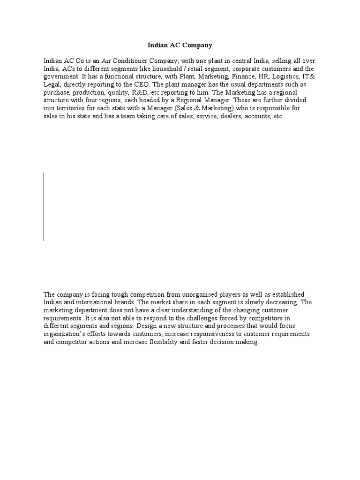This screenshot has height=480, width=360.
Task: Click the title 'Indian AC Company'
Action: coord(180,45)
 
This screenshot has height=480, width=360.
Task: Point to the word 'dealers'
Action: coord(227,116)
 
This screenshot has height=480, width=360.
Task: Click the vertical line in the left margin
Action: coord(44,207)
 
